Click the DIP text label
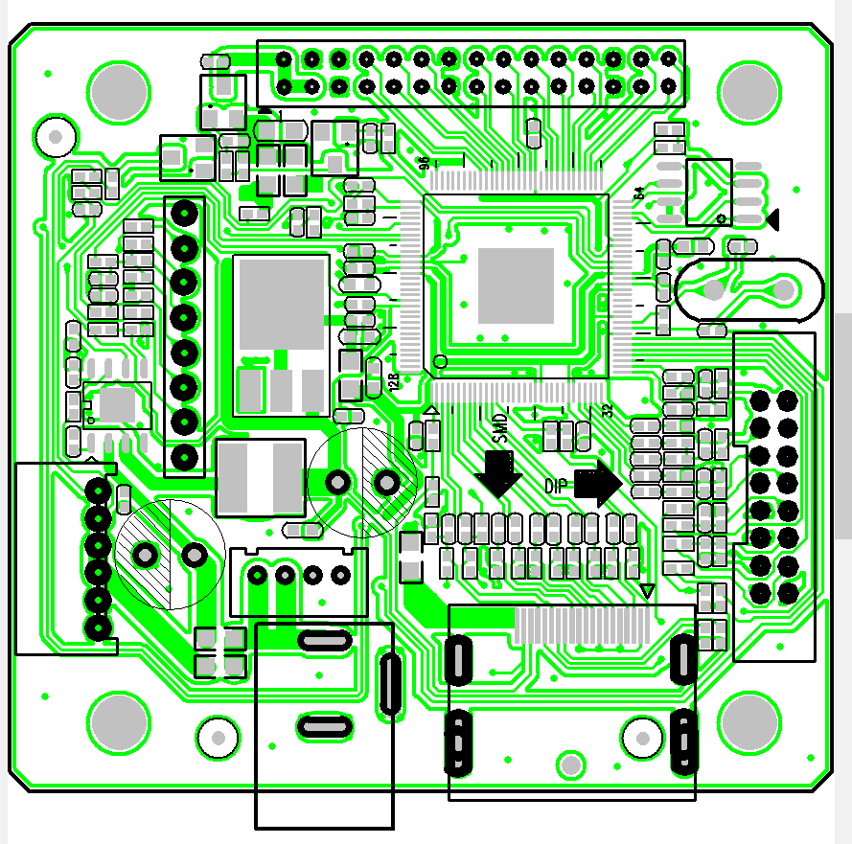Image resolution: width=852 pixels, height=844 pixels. coord(556,486)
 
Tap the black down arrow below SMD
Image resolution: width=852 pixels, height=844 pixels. coord(498,474)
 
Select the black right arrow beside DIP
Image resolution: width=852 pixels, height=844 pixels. coord(599,484)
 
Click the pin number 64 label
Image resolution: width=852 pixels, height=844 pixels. coord(639,193)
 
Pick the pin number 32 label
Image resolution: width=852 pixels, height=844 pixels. coord(607,410)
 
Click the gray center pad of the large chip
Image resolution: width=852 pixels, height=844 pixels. coord(516,285)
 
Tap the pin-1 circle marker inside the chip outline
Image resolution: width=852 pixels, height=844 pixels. coord(440,361)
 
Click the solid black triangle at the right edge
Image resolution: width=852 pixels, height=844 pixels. coord(772,219)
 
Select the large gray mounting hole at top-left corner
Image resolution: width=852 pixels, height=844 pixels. coord(119,91)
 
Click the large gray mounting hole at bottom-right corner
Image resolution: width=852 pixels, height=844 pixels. coord(748,723)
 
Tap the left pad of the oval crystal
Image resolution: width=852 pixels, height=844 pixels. coord(712,288)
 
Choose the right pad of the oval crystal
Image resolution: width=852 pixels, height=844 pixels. coord(784,288)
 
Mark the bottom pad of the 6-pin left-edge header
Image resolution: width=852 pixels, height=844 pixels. coord(97,627)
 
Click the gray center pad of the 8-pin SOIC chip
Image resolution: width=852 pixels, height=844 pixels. coord(118,403)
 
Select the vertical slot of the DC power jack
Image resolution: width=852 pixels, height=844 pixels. coord(390,681)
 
